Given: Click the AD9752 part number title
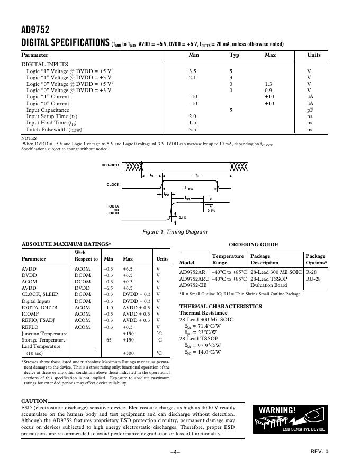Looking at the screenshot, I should pos(35,30).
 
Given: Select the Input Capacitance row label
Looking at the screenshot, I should pos(48,110).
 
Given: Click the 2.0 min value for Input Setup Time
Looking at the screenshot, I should pos(193,116).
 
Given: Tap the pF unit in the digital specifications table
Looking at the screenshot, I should pos(310,110).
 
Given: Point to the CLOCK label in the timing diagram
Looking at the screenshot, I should pos(113,185).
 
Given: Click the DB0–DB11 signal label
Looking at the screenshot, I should pos(110,165).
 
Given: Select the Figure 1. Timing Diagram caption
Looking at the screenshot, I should pos(175,232).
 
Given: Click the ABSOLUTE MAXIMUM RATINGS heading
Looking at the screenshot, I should pos(66,244).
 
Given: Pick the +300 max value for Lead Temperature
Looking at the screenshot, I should pos(128,353).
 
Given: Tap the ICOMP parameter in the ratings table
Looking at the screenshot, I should pos(30,314).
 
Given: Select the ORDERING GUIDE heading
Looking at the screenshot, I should pos(253,245).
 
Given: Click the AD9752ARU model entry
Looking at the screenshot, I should pos(194,279).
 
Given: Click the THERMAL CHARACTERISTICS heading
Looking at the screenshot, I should pos(220,307).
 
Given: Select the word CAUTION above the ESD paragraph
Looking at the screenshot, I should pos(34,401).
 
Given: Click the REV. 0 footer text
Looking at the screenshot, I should pos(319,451).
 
